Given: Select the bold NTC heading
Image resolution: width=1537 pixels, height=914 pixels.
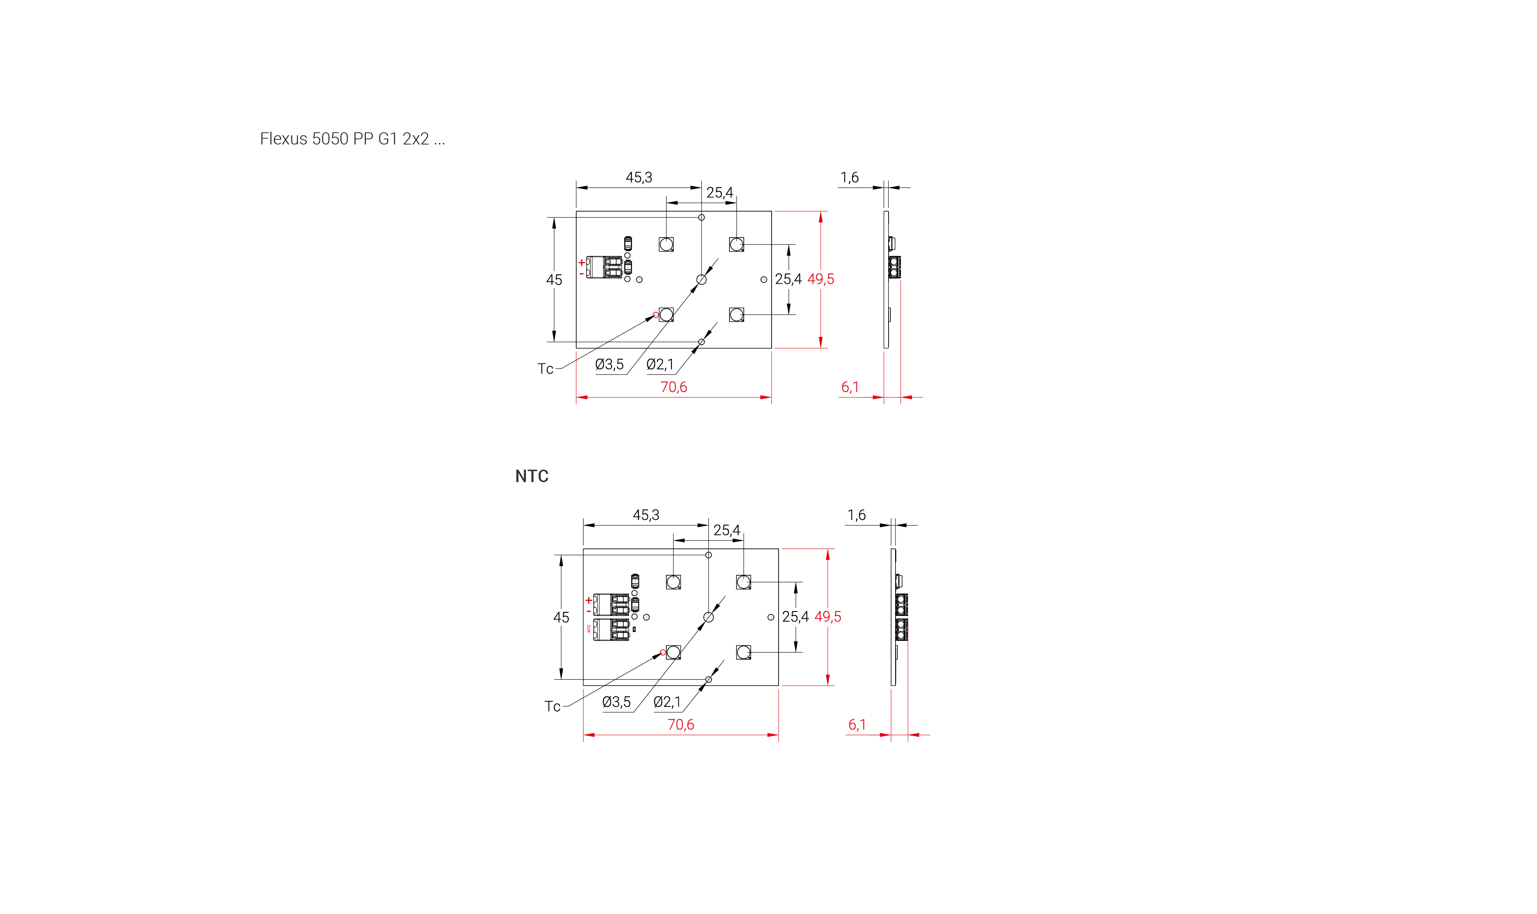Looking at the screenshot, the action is [532, 476].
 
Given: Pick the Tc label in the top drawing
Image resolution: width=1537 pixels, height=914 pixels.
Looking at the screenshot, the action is [545, 368].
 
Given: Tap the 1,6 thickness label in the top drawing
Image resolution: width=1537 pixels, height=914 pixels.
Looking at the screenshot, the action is [849, 177].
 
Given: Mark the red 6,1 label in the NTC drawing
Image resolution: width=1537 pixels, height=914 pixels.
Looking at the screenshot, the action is [857, 724].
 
